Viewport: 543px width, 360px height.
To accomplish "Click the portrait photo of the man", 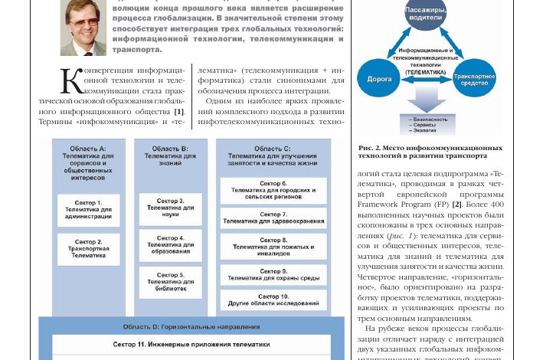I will [x=83, y=28].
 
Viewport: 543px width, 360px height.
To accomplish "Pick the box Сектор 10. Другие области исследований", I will [x=273, y=299].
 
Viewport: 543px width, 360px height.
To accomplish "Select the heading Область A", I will [x=86, y=157].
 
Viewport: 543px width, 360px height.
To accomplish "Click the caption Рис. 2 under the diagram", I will [x=430, y=151].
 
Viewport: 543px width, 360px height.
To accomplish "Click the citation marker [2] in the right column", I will [x=456, y=205].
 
